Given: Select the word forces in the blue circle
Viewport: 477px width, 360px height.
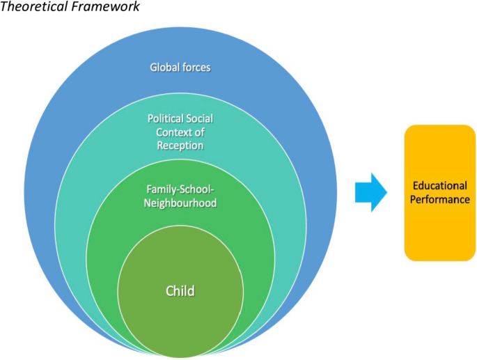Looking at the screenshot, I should point(196,68).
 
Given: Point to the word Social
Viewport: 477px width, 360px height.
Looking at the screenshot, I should point(199,119).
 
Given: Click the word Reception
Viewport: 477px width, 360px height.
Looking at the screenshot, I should point(180,146).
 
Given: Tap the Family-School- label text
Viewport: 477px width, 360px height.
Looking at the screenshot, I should point(180,190).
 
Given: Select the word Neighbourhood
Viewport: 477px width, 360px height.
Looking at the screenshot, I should point(180,203).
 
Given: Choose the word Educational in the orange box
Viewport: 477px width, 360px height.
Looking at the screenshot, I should point(439,186).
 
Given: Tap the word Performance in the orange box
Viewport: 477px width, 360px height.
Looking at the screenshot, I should point(439,198).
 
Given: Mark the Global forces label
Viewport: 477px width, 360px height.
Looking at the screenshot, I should point(180,68).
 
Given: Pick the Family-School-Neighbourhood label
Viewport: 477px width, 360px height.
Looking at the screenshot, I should point(180,196).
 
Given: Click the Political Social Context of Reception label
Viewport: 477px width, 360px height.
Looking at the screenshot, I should point(180,132).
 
